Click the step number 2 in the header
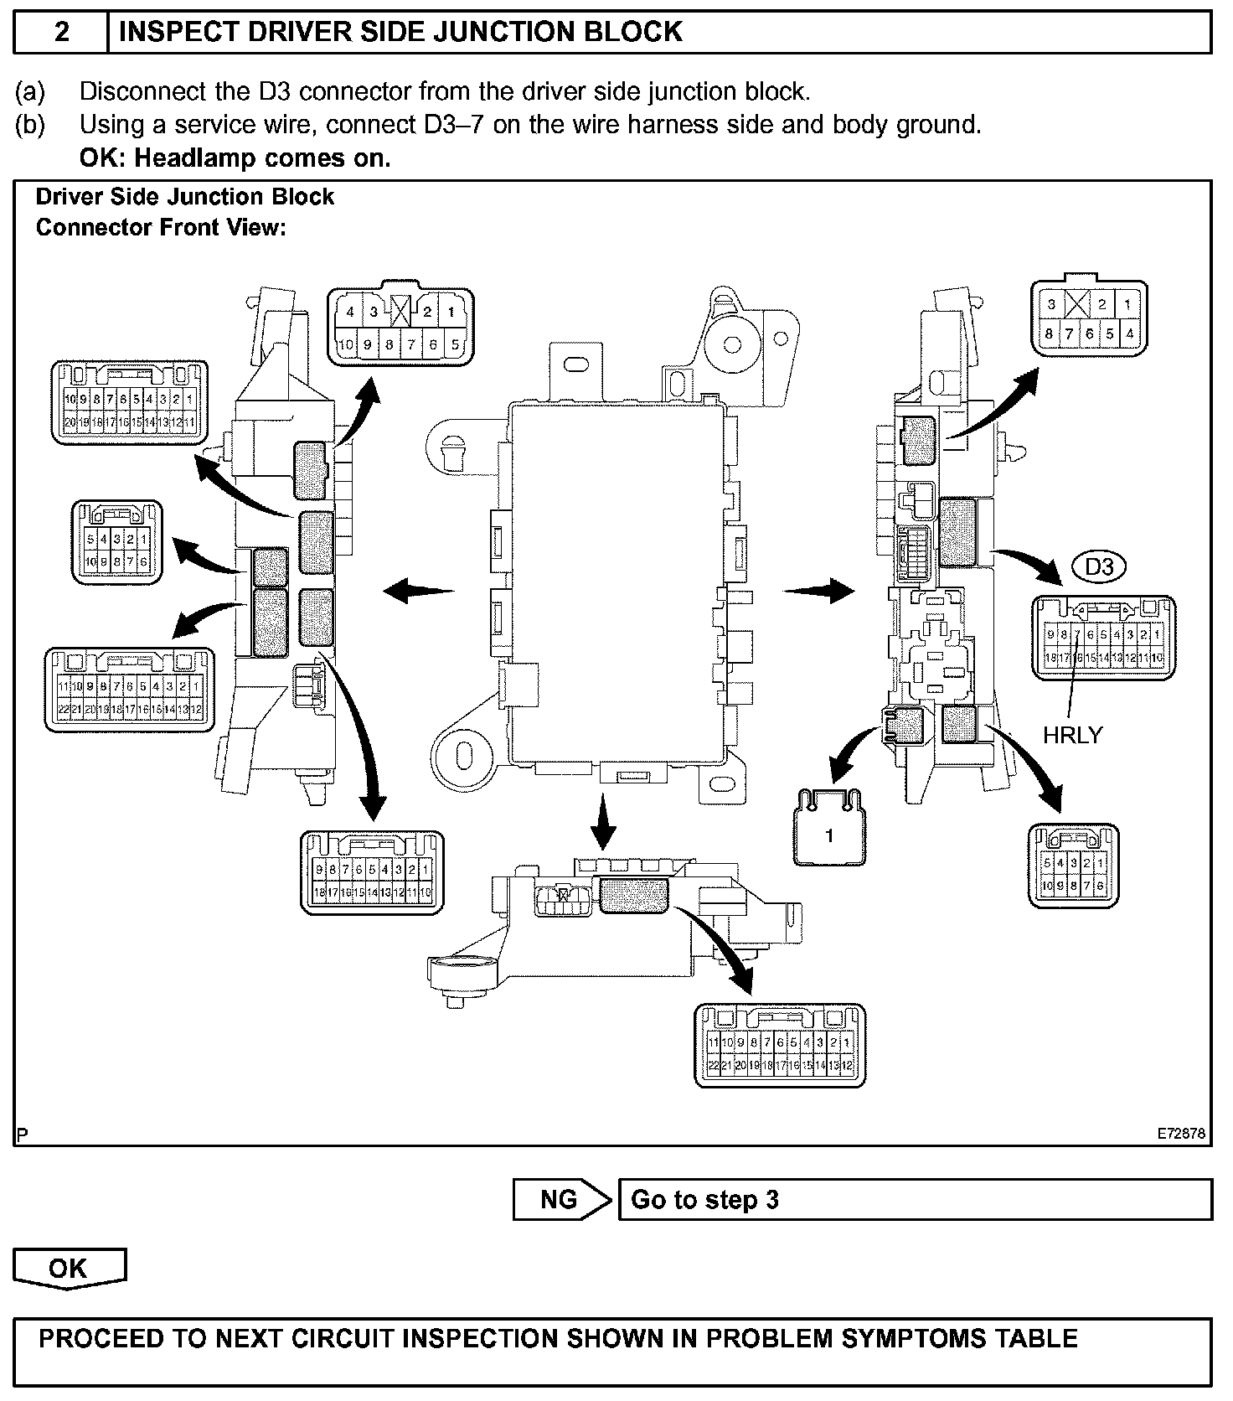61,32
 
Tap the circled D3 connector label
1099,567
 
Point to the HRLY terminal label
1072,735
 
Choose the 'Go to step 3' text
704,1200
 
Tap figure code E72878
1181,1134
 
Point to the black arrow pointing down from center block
602,821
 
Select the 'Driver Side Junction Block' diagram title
185,197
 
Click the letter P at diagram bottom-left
23,1135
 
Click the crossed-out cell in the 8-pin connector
1076,305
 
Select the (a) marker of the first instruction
30,91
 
